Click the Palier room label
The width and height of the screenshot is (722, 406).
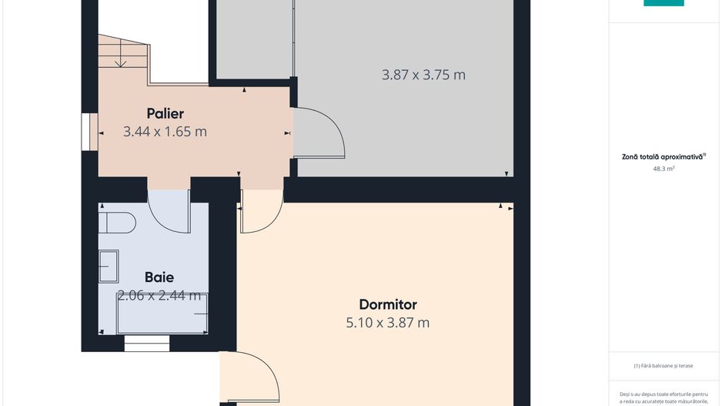(x=165, y=114)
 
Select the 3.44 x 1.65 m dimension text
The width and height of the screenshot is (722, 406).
(x=165, y=132)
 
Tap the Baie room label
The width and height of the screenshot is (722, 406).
(x=159, y=277)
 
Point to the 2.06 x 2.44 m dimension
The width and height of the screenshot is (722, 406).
(x=159, y=295)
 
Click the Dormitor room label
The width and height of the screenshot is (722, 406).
(x=388, y=304)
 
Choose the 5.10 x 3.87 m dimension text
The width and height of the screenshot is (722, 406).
(x=388, y=323)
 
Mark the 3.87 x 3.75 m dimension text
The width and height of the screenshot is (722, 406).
(x=423, y=75)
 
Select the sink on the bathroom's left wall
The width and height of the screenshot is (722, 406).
(x=108, y=266)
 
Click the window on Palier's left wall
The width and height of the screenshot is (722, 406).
(x=87, y=132)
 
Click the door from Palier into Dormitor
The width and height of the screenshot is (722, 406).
(x=260, y=213)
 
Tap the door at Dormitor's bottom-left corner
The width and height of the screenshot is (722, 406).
(x=250, y=377)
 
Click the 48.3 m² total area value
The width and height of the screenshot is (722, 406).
(x=664, y=168)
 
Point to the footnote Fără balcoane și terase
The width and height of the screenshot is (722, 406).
(x=664, y=366)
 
